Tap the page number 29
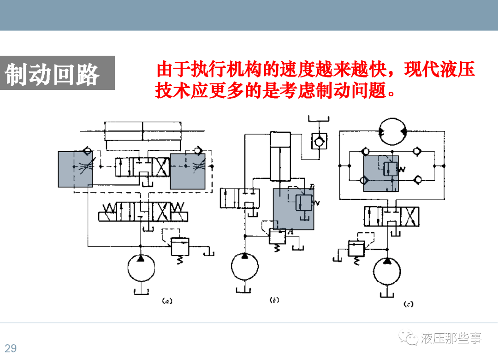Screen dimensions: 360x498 [x=11, y=348]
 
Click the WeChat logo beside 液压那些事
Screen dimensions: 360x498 [x=409, y=339]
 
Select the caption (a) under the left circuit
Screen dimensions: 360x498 [x=166, y=301]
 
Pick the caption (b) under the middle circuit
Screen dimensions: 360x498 [x=274, y=301]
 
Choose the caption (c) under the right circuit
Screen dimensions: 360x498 [x=408, y=304]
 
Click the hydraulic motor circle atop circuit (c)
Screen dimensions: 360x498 [x=392, y=132]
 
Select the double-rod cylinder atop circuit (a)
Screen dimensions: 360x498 [x=143, y=131]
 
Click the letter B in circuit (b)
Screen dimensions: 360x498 [x=312, y=186]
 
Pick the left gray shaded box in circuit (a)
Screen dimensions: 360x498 [x=75, y=169]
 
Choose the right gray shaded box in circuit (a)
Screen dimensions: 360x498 [x=187, y=171]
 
